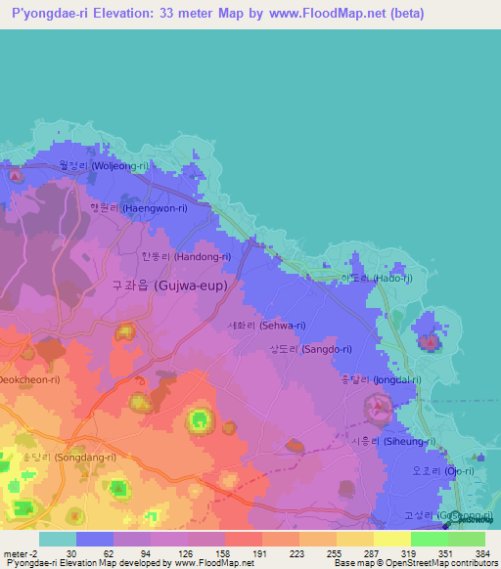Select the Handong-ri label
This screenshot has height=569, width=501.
point(185,256)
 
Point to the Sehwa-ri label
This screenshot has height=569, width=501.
point(265,326)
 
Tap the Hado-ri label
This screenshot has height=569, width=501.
point(376,278)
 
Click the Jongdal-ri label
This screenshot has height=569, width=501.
point(380,379)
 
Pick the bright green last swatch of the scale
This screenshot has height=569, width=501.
point(466,539)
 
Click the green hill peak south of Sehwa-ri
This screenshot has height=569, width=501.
point(199,421)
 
